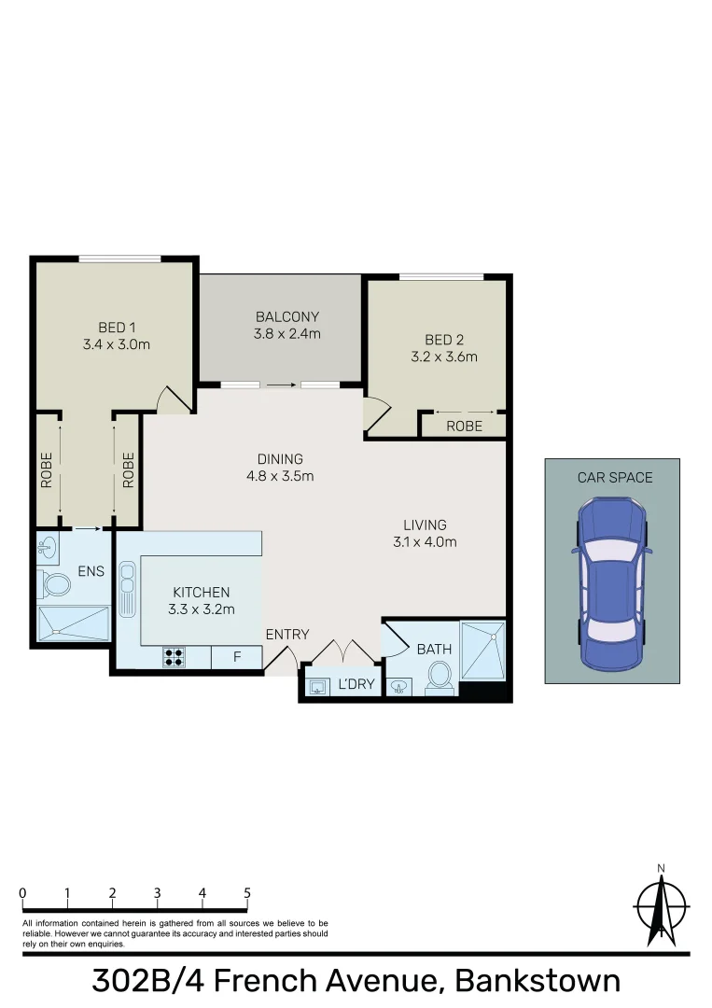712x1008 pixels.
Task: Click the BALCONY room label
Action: pos(287,316)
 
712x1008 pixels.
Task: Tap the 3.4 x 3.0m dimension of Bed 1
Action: pos(117,343)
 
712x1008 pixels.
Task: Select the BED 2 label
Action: pos(443,340)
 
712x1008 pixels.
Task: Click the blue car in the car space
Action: pos(610,582)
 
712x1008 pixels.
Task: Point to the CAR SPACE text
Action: pos(614,477)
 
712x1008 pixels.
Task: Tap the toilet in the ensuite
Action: pos(56,585)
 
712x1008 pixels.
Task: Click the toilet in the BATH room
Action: pos(438,678)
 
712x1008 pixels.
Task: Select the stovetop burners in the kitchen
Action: pos(174,657)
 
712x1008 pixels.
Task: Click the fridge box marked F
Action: pos(236,657)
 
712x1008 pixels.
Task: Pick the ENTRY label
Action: pos(286,635)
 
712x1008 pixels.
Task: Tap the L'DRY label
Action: pos(356,684)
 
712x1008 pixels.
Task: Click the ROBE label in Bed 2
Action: pos(464,426)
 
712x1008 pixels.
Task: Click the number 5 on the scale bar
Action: pos(247,893)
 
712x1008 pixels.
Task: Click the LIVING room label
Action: pos(425,525)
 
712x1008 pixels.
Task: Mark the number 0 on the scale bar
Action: pos(22,893)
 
